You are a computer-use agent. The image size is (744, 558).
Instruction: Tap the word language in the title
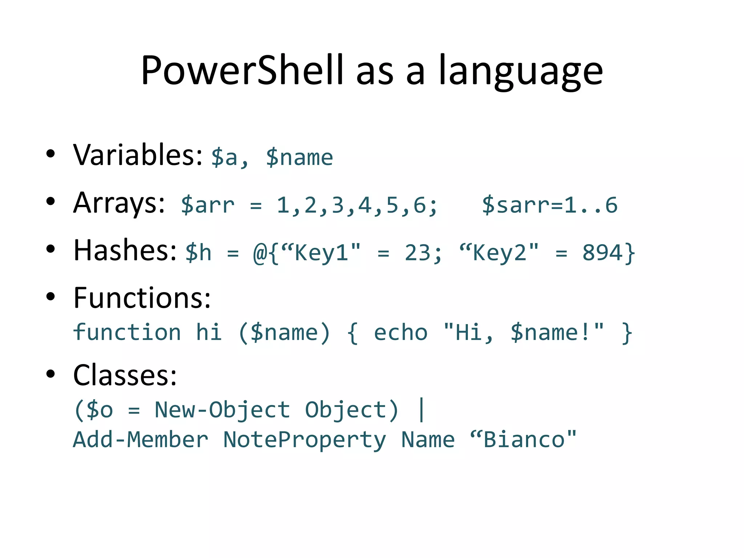521,71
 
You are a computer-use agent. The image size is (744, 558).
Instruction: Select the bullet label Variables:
138,155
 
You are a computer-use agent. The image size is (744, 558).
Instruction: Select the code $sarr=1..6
550,205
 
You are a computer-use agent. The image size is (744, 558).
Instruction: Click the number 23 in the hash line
418,253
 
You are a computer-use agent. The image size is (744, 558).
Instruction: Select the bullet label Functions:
142,298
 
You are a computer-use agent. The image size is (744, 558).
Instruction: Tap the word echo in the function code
401,333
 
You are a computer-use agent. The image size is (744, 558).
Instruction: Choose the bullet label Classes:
125,375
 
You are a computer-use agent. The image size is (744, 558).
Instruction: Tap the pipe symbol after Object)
421,410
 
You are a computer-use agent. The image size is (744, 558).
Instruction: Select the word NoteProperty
304,440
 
